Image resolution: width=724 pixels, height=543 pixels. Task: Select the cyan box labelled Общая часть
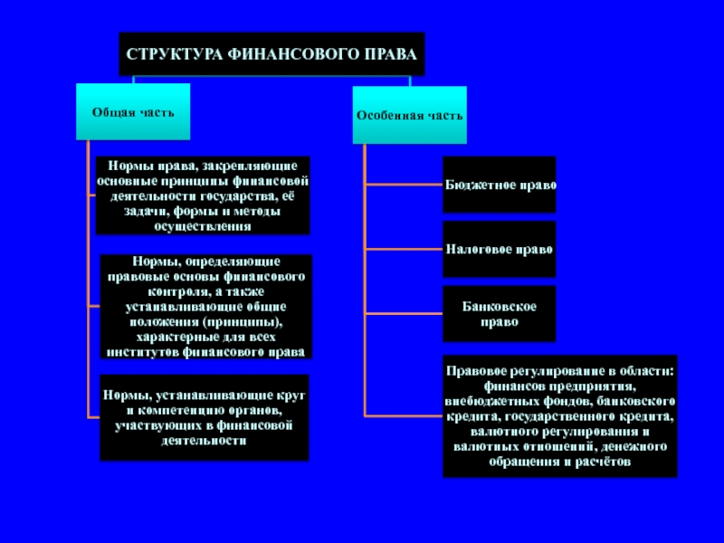pyautogui.click(x=132, y=112)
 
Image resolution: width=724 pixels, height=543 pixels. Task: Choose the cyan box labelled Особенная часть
pyautogui.click(x=409, y=116)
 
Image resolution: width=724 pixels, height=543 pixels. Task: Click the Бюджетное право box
pyautogui.click(x=500, y=185)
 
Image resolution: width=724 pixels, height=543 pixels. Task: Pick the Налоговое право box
pyautogui.click(x=500, y=248)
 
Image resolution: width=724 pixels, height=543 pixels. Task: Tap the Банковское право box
pyautogui.click(x=500, y=314)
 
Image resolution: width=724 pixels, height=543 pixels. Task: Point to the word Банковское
pyautogui.click(x=500, y=307)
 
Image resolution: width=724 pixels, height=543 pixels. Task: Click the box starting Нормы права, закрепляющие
pyautogui.click(x=203, y=195)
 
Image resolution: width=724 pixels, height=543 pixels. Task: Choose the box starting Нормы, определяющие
pyautogui.click(x=205, y=306)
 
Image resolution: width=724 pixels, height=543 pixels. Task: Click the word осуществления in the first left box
pyautogui.click(x=203, y=225)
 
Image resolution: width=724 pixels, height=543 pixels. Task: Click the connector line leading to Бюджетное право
pyautogui.click(x=403, y=185)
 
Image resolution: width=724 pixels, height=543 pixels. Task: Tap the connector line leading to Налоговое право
pyautogui.click(x=403, y=248)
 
